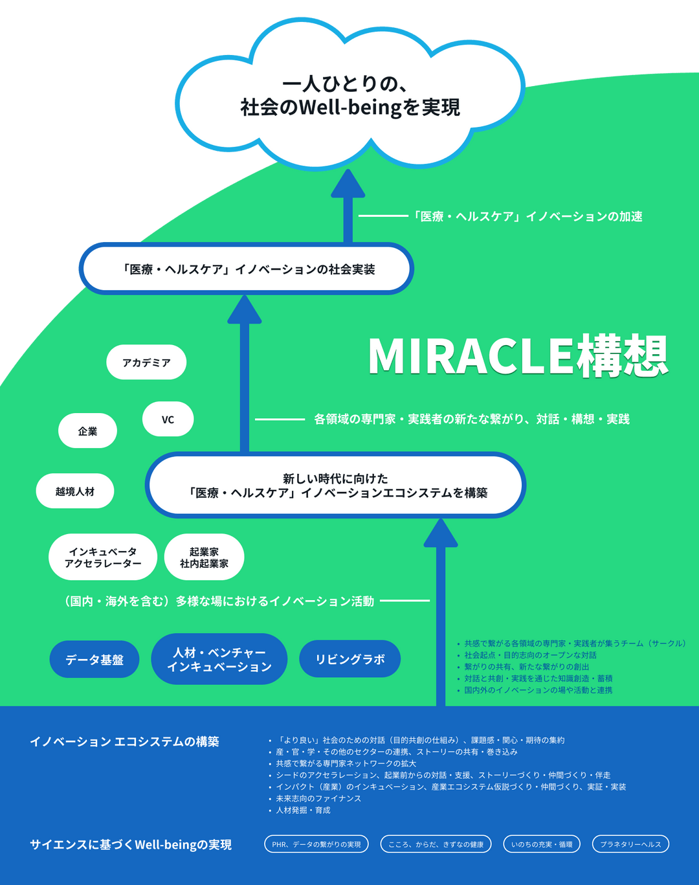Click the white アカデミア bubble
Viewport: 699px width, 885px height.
[x=146, y=363]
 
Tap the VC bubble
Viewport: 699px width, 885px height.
[x=168, y=420]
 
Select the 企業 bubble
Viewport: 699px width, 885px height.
[x=87, y=431]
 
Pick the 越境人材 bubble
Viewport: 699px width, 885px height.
[x=75, y=491]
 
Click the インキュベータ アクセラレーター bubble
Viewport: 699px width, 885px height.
[x=103, y=557]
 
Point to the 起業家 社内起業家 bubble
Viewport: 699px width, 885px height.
[x=205, y=557]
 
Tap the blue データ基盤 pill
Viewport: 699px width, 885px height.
[x=94, y=660]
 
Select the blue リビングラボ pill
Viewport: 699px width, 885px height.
[x=349, y=659]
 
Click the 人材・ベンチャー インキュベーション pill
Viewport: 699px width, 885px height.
[x=219, y=659]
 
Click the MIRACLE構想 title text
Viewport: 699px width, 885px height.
[x=517, y=356]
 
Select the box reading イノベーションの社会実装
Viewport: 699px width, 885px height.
[x=246, y=269]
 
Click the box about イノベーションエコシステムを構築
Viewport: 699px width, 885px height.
[x=335, y=486]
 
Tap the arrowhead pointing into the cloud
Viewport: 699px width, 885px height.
[x=348, y=185]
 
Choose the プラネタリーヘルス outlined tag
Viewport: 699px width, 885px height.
[x=630, y=844]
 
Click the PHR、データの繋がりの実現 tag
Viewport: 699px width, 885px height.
[x=316, y=844]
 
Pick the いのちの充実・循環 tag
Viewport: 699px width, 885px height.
[x=542, y=844]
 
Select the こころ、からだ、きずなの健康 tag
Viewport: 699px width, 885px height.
[x=436, y=844]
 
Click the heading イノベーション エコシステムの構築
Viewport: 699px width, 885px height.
[x=124, y=741]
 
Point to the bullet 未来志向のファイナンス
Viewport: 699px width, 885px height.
[x=318, y=798]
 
